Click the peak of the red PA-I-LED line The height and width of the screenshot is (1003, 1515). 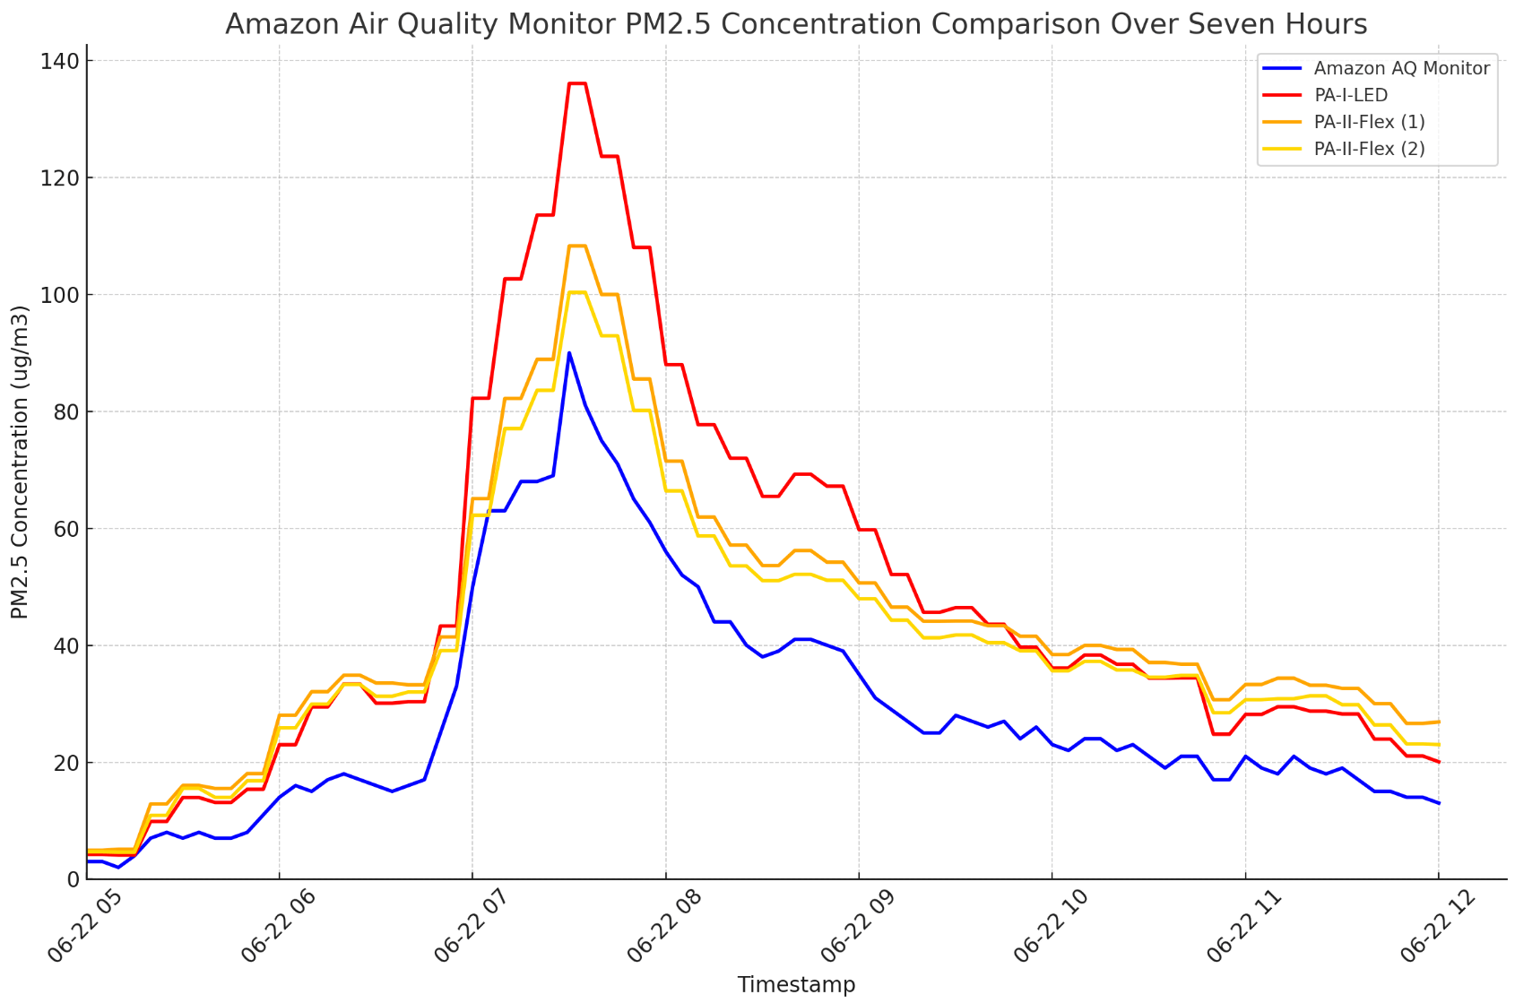[576, 83]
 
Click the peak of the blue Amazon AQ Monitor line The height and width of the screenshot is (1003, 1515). [568, 352]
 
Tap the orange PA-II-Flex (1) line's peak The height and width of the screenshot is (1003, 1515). [576, 246]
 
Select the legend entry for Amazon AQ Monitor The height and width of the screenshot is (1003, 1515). [1401, 68]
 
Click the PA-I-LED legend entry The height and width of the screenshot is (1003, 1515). [1350, 95]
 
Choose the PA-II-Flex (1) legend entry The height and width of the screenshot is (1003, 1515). [1369, 122]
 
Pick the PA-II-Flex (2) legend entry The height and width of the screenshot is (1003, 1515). [1369, 149]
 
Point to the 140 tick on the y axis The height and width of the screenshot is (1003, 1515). [59, 61]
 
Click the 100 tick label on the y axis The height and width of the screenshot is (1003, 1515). [59, 295]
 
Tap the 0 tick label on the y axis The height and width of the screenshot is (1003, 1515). [70, 879]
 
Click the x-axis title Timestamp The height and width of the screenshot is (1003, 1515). [796, 985]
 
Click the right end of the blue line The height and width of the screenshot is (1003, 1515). [1439, 803]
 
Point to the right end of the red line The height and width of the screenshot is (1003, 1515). [1439, 762]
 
